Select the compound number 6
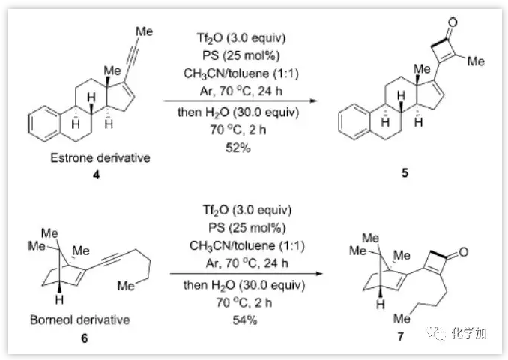tap(84, 338)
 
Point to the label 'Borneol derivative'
tap(79, 320)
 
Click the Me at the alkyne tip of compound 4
tap(145, 32)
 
